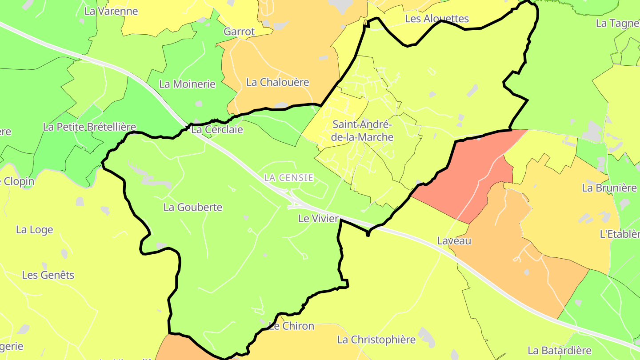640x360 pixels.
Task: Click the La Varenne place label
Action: click(111, 11)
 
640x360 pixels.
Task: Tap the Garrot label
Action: click(240, 32)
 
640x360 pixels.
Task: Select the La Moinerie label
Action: click(187, 84)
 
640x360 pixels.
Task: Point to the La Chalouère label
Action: click(277, 82)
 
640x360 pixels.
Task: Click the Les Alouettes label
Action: click(437, 19)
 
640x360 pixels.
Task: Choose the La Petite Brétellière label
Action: click(89, 127)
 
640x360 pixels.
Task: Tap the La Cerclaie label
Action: click(217, 130)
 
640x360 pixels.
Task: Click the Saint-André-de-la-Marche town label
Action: click(363, 131)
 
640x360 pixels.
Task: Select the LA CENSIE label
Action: click(289, 178)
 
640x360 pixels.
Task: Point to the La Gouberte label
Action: click(193, 207)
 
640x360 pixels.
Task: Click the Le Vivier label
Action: click(318, 219)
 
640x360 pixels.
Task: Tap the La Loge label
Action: click(35, 230)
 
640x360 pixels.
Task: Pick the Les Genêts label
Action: click(48, 275)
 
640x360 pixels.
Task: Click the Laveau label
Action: click(454, 241)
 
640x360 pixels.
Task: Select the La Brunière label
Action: click(609, 188)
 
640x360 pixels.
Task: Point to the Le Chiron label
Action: click(292, 326)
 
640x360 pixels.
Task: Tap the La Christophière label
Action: click(376, 340)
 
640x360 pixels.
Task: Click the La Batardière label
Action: click(560, 351)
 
